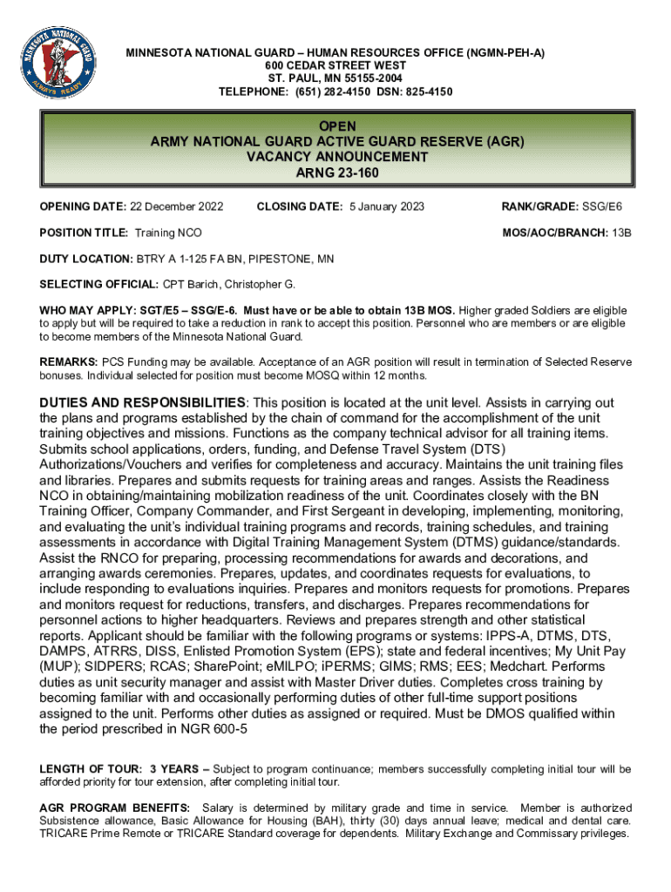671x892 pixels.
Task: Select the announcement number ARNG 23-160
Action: [x=336, y=172]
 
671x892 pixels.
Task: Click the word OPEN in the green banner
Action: [x=336, y=127]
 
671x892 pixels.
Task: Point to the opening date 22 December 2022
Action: [x=176, y=206]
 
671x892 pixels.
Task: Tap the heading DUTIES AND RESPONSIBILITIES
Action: [x=143, y=402]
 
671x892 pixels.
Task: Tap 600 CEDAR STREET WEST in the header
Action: [x=335, y=65]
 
